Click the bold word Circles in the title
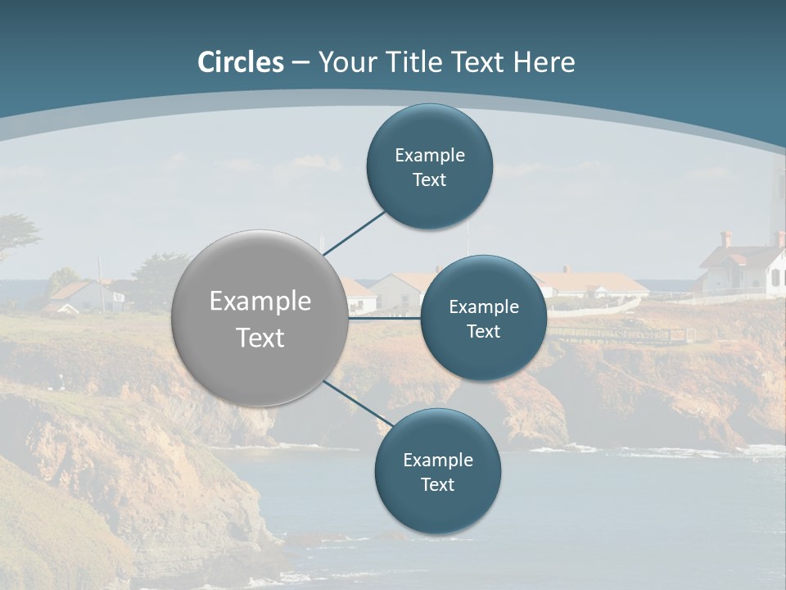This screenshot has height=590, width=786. pos(241,62)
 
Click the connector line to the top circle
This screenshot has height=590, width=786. pos(355,233)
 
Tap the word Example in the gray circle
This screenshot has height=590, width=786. pos(260,301)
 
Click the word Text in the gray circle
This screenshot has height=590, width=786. pos(260,338)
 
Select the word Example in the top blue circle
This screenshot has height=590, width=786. pos(430,155)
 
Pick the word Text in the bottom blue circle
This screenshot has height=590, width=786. pos(437,484)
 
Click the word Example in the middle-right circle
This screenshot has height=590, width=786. pos(484,306)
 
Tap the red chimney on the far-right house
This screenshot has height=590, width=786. pos(725,238)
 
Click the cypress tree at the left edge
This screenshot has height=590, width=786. pos(16,234)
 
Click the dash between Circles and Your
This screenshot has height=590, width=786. pos(300,62)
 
